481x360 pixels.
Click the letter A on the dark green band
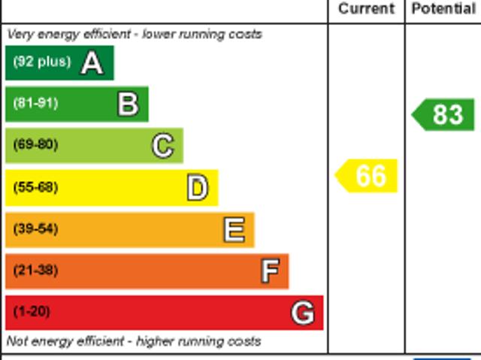[x=92, y=63]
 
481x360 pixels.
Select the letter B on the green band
[x=128, y=104]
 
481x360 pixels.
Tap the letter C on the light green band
[x=162, y=146]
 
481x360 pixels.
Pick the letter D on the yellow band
[x=197, y=188]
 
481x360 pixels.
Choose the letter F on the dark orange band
[x=269, y=271]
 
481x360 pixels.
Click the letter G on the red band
[x=302, y=313]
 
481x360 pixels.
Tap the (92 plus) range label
[x=42, y=62]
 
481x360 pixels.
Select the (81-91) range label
[x=35, y=104]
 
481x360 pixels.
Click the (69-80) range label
[x=35, y=145]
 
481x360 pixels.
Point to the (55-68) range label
[x=35, y=187]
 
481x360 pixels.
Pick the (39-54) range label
[x=35, y=229]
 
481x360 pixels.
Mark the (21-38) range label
[x=35, y=271]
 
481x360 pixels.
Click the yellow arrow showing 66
[x=368, y=176]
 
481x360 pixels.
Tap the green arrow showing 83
[x=444, y=115]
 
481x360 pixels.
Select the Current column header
[x=366, y=9]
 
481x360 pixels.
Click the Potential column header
[x=443, y=9]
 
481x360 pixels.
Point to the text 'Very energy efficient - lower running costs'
[x=135, y=35]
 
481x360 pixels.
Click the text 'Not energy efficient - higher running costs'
[x=134, y=341]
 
